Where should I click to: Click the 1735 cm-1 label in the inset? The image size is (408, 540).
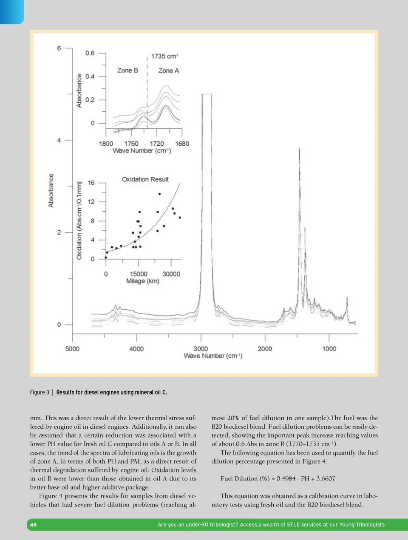165,56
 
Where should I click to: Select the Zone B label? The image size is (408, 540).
127,71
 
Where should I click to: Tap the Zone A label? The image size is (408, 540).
169,71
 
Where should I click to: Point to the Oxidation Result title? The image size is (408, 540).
145,179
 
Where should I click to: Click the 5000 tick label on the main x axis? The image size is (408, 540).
72,349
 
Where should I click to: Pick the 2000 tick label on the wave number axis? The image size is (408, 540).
265,349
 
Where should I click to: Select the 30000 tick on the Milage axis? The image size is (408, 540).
171,274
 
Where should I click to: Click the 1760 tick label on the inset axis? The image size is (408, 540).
131,144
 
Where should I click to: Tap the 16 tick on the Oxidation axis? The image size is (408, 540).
91,183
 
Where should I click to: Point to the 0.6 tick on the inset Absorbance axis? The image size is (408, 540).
90,53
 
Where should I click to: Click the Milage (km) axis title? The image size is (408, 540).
143,281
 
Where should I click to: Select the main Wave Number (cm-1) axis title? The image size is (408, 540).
213,356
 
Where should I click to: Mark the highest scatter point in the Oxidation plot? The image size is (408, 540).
159,194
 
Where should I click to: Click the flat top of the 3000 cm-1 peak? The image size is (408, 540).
206,95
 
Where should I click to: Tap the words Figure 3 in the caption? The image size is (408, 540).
40,392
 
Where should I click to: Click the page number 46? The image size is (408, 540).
33,525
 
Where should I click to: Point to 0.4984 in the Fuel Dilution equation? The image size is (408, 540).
286,478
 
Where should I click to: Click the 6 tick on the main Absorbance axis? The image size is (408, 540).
59,48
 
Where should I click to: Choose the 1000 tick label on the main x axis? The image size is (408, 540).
329,349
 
